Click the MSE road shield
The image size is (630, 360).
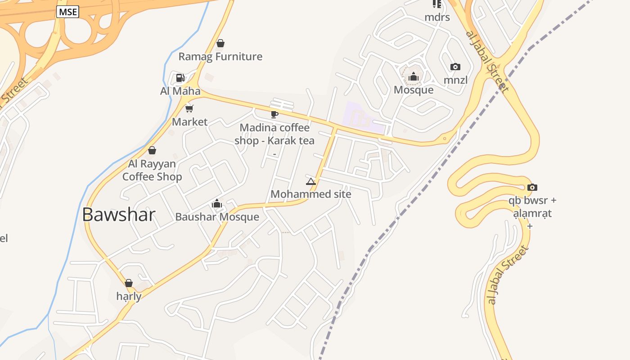67,12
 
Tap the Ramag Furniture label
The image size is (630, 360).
220,57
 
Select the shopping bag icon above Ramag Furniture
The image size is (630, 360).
220,43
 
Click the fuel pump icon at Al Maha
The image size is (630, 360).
180,78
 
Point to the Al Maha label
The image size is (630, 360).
180,91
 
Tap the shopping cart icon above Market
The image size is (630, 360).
189,108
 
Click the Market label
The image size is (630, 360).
190,122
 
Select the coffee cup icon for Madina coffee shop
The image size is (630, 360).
274,114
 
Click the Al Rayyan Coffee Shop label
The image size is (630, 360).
152,170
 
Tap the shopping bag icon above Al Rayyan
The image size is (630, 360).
152,150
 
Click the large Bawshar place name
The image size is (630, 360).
119,215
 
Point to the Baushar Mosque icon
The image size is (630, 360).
217,204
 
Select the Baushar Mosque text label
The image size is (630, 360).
217,217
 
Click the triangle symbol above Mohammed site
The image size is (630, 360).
310,181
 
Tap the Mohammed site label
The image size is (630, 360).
310,194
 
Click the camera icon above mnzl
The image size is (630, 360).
455,67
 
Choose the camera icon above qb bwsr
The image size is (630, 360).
532,187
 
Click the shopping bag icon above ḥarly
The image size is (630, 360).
129,283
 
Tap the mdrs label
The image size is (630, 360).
437,18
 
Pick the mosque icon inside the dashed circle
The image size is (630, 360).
414,76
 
